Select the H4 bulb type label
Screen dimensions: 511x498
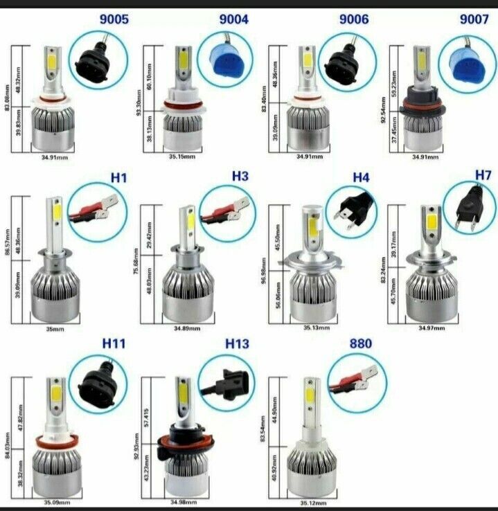[361, 177]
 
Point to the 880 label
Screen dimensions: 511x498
[361, 343]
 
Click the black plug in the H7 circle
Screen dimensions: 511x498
[470, 207]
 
